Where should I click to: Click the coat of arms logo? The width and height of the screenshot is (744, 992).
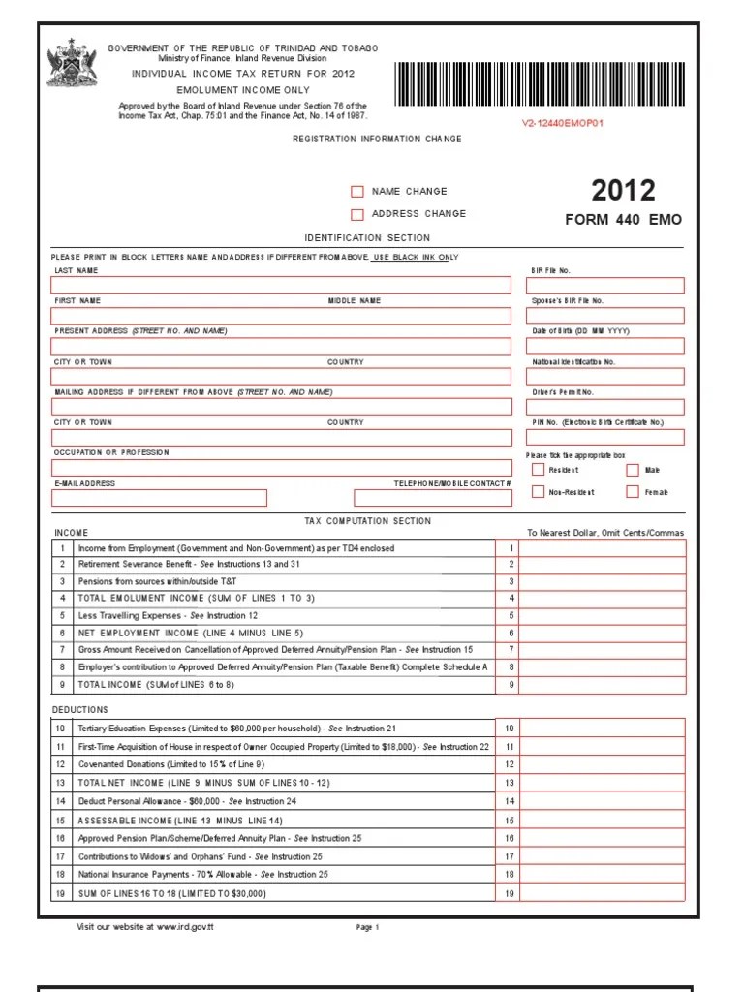point(67,63)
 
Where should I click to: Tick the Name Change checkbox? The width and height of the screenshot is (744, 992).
point(357,192)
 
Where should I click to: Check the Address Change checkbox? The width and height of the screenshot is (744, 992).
point(357,214)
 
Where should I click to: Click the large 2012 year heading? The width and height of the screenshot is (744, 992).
point(623,190)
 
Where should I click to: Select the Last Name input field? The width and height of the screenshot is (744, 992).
point(281,285)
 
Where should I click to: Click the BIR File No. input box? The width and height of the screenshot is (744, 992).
point(604,285)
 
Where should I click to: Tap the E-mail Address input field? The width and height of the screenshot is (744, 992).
point(159,498)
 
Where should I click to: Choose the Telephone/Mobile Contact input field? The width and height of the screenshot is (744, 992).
point(432,498)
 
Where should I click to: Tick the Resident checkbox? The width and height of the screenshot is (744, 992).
point(538,470)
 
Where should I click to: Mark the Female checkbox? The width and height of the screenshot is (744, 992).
point(633,492)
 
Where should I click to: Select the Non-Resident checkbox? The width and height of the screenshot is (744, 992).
point(538,492)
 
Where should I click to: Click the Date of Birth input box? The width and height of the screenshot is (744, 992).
point(604,346)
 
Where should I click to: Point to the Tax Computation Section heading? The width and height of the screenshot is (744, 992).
point(367,521)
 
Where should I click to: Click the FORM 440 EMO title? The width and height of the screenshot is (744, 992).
point(623,220)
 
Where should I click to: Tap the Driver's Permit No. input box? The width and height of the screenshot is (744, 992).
point(604,407)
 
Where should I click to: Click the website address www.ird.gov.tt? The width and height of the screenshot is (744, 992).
point(183,927)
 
